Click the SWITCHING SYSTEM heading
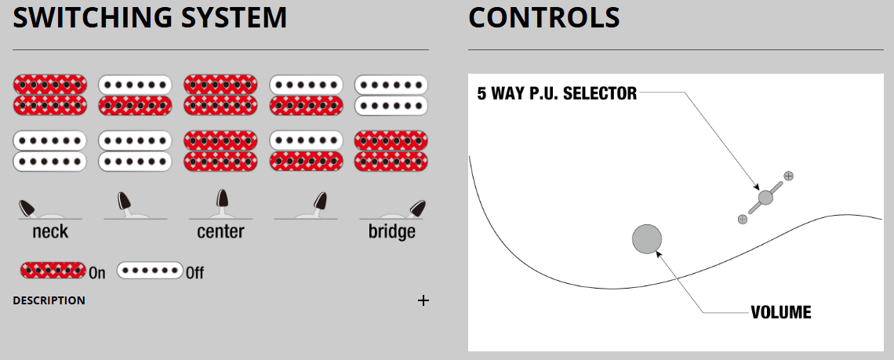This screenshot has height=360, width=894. point(149,18)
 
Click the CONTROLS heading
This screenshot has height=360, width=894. point(544,18)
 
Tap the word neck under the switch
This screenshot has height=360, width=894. point(50,231)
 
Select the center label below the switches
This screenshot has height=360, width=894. point(220,231)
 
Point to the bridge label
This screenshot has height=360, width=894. point(391,231)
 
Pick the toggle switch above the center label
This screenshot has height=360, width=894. point(220,205)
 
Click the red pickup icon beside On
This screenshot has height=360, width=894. point(53,270)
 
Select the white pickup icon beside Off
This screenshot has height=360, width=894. point(150,270)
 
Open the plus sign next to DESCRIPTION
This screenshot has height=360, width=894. point(423,300)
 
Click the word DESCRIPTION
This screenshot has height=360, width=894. point(49,300)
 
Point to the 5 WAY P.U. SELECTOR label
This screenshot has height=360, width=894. point(557,93)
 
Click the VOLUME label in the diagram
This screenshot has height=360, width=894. point(780,313)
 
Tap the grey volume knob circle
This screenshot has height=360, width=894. point(647,238)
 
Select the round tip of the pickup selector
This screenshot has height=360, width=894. point(765,198)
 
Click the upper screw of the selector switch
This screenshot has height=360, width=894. point(788,176)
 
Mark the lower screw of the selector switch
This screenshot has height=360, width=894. point(743,219)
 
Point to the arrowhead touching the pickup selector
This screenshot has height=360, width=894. point(756,187)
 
